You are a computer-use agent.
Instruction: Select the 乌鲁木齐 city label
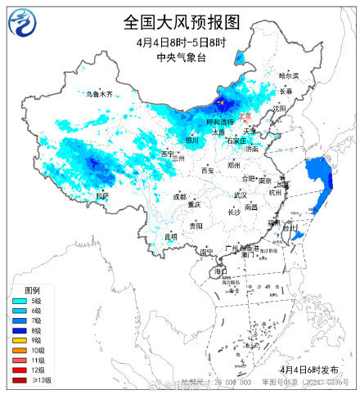(x=99, y=94)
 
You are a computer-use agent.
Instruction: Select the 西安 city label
(x=208, y=170)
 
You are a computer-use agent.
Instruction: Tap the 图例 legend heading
(x=31, y=290)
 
